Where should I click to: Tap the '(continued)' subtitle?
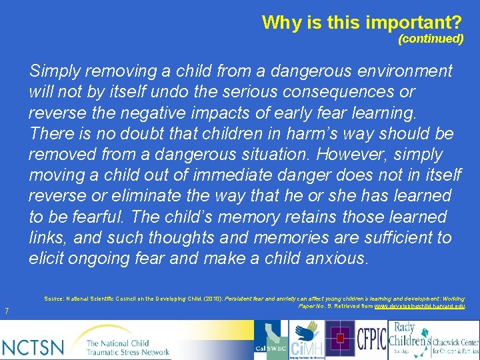(431, 39)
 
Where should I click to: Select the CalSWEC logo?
(270, 339)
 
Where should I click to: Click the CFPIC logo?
(371, 339)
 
